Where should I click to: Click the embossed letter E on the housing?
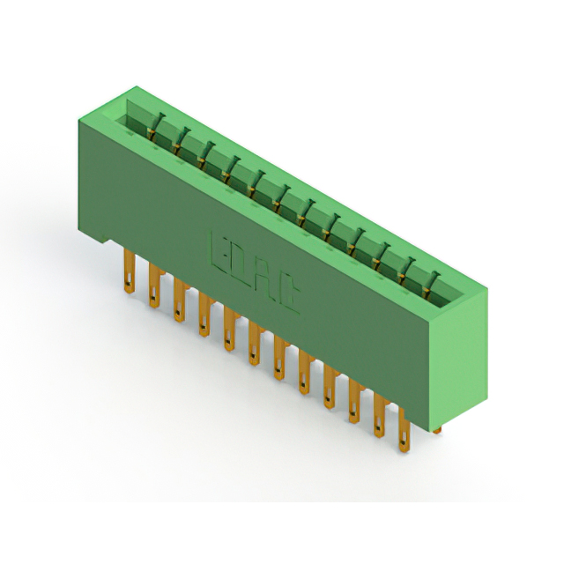(x=219, y=253)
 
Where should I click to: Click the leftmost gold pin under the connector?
(x=130, y=271)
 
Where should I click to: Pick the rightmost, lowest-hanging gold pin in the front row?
(x=404, y=429)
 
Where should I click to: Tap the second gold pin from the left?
(x=155, y=285)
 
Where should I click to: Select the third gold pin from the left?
(x=180, y=300)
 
